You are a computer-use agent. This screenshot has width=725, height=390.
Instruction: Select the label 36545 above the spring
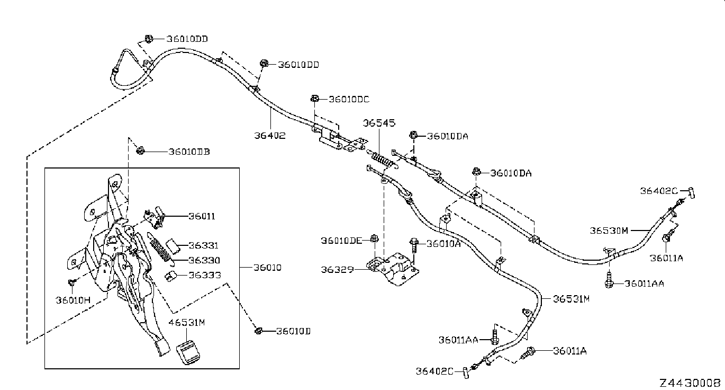click(379, 123)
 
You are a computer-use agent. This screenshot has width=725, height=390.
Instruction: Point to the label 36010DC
click(349, 99)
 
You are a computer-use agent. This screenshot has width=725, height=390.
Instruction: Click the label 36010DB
click(189, 152)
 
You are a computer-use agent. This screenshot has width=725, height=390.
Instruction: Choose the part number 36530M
click(609, 231)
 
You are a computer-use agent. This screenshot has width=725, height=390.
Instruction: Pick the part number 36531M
click(572, 299)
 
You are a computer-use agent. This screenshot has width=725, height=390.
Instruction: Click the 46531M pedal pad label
click(186, 323)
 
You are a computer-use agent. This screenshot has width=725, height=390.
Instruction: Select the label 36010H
click(74, 300)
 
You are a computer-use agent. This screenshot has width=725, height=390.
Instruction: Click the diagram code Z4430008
click(690, 383)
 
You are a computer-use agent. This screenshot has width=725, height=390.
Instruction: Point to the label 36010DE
click(341, 241)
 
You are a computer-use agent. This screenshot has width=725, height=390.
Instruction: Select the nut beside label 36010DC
click(314, 99)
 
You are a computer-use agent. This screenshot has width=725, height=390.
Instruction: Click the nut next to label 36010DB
click(140, 151)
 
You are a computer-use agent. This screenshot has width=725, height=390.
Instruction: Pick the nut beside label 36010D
click(258, 331)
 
